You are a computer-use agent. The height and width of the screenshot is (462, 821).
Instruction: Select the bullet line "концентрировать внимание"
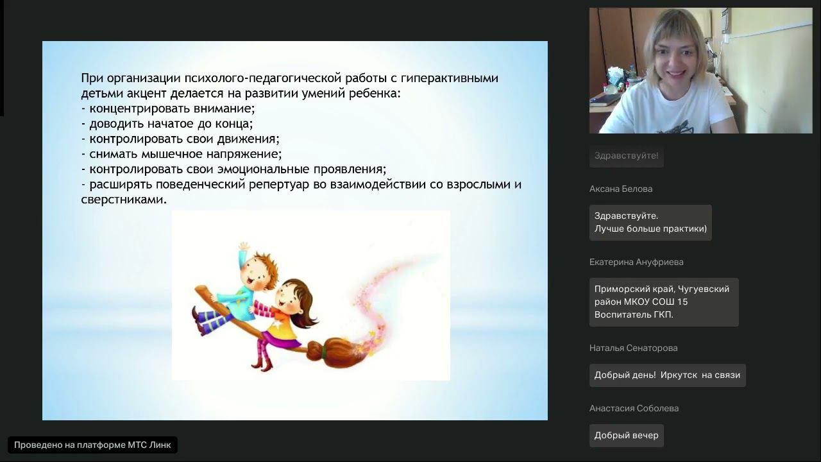click(171, 108)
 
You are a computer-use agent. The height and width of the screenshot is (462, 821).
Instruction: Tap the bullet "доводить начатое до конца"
click(171, 124)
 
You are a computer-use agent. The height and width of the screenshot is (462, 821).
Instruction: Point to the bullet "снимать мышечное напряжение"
click(185, 154)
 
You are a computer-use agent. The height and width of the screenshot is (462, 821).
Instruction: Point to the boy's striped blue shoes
click(205, 321)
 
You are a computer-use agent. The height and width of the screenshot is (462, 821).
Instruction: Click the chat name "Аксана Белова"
click(620, 189)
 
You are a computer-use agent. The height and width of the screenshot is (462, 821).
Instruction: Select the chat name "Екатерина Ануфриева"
click(636, 262)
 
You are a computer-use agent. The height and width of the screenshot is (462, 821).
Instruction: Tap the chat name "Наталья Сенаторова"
click(633, 348)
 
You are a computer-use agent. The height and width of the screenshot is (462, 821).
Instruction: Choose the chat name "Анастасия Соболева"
click(634, 408)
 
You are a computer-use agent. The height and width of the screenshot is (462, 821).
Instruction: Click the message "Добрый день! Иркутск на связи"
click(667, 375)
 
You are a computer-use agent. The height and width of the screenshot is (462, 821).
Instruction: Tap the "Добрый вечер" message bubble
click(626, 435)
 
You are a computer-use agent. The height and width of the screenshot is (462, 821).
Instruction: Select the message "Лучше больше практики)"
click(650, 228)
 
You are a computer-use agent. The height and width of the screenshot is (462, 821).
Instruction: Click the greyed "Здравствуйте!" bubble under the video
click(626, 156)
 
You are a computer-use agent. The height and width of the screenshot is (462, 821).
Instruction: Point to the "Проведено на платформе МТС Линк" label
click(92, 445)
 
